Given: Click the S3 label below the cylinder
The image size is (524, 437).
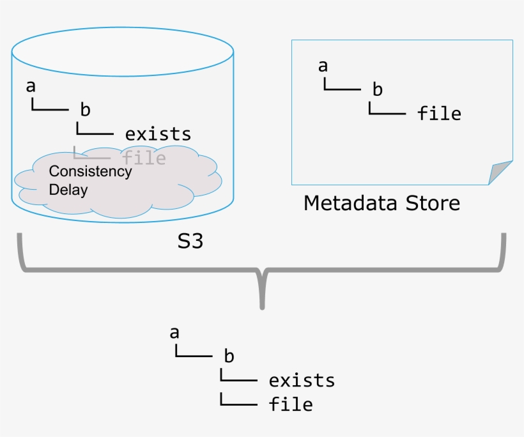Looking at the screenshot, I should [190, 242].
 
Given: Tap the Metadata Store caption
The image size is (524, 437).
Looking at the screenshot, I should [381, 203].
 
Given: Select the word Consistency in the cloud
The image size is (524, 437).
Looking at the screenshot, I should [90, 171].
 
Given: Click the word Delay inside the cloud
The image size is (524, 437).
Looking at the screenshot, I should [68, 190].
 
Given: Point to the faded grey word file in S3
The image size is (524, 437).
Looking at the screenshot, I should [144, 157].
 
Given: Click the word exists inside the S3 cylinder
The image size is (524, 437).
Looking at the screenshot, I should [158, 134].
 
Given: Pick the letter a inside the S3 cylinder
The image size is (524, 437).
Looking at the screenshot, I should [31, 86].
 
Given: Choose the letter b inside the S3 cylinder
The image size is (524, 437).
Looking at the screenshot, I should [85, 109].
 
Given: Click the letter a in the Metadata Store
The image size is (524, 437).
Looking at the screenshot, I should [323, 66].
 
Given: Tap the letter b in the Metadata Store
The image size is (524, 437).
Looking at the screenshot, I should [378, 90].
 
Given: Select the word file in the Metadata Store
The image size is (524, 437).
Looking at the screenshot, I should [439, 114].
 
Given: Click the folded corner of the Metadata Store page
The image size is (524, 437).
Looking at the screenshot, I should [502, 171].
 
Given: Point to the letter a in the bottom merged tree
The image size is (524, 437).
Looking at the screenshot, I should [174, 332].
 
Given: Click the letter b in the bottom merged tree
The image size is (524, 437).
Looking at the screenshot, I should [229, 356].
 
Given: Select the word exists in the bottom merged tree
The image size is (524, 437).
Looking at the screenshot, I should [302, 381].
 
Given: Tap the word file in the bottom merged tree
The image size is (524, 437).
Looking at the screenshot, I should [291, 404].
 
